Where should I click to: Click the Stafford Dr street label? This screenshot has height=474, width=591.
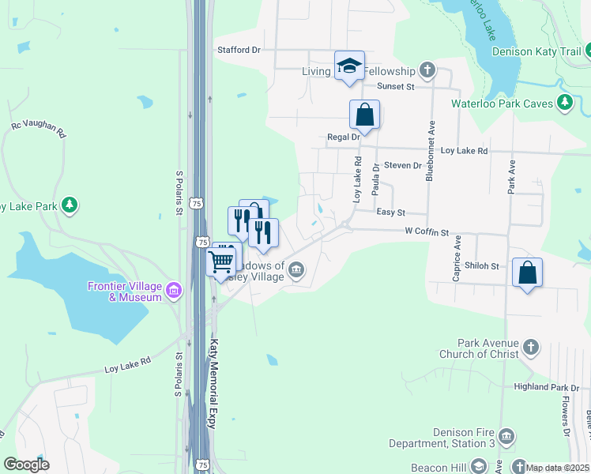point(239,50)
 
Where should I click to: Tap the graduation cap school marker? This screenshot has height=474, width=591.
point(348,66)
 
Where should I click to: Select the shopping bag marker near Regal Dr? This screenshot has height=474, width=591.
point(365,115)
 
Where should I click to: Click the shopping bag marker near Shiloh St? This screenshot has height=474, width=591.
point(527,273)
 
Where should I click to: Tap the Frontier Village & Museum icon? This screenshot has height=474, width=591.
point(175,291)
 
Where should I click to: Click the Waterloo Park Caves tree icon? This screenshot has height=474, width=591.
point(564,103)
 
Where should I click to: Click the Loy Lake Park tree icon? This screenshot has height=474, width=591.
point(70,206)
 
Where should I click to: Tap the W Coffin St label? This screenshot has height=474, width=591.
point(427,233)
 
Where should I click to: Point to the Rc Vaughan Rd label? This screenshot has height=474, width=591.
point(37,129)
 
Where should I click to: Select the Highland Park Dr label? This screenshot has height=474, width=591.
point(546,387)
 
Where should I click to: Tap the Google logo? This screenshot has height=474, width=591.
point(26,465)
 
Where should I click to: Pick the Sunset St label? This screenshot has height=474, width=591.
point(396,85)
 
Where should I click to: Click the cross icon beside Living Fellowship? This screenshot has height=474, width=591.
point(427,70)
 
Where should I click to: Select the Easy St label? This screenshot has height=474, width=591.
point(390,213)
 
